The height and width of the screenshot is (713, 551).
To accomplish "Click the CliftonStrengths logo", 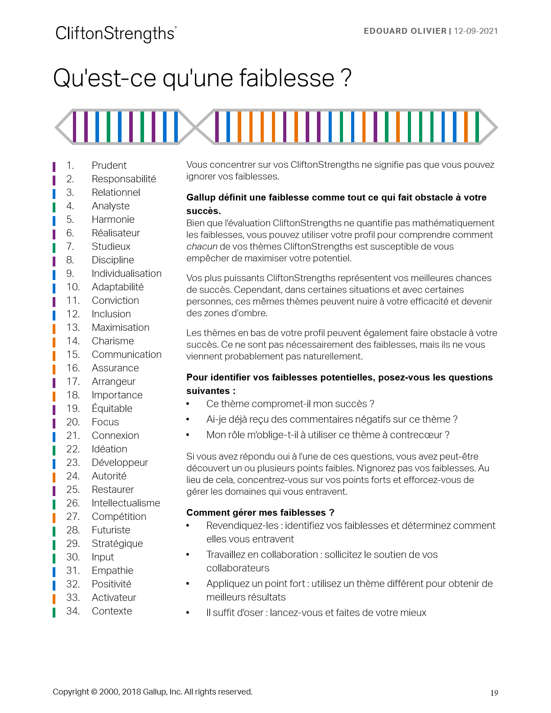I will point(116,34).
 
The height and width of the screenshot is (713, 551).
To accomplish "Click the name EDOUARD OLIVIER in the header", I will point(405,31).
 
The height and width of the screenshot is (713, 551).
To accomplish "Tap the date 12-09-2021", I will point(475,31).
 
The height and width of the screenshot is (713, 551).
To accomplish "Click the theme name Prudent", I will point(109,165).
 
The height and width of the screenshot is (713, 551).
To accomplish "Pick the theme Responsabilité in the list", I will point(124,179).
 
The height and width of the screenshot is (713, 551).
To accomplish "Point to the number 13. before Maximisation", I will point(72,327).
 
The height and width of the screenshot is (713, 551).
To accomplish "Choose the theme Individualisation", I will point(126,273).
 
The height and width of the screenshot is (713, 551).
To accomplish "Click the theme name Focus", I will point(105,422).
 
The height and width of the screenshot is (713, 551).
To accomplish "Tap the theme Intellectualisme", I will point(126,503).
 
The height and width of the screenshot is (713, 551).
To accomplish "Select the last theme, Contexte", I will point(112,611).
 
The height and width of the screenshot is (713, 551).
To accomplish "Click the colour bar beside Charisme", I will point(54,341).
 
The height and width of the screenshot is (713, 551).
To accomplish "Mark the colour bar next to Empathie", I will point(54,571).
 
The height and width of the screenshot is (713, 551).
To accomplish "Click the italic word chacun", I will point(202,247).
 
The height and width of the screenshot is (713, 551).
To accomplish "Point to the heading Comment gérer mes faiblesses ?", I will point(260,512).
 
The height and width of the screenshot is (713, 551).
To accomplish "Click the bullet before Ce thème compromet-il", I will point(188,404).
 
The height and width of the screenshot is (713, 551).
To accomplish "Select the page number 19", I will point(494,693).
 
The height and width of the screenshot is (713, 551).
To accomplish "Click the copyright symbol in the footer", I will point(94,692).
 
